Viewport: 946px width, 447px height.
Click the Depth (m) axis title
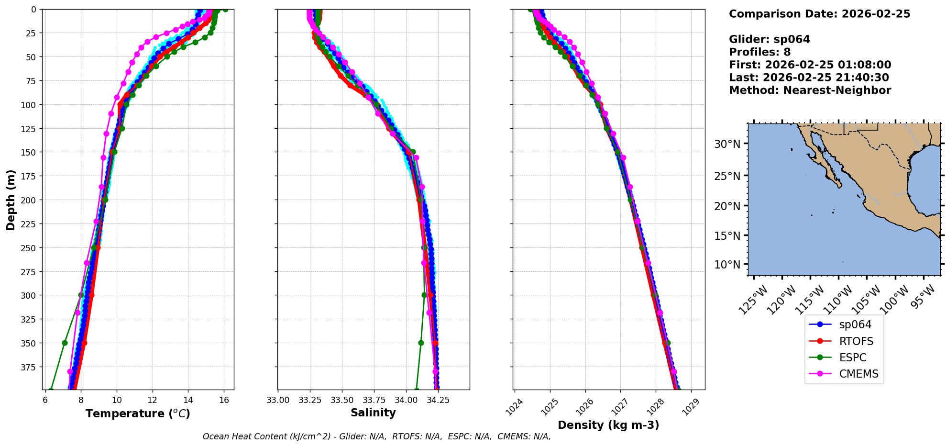pos(11,200)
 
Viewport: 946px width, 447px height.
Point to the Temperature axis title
pos(138,413)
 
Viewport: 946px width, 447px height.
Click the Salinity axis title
pos(373,413)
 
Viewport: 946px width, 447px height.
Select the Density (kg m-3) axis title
pos(608,425)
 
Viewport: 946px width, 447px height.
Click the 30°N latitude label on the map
pos(727,144)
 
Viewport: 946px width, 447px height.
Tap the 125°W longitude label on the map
pos(753,300)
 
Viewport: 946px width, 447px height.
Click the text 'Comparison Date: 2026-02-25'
pos(819,14)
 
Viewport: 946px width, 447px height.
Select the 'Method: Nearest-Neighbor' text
pos(810,90)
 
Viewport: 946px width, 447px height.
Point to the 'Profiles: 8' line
pos(759,52)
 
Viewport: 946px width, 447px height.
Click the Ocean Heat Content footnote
pos(376,436)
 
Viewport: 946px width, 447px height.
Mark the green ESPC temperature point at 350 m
pos(65,343)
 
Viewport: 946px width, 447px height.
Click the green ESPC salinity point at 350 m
pos(421,343)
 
